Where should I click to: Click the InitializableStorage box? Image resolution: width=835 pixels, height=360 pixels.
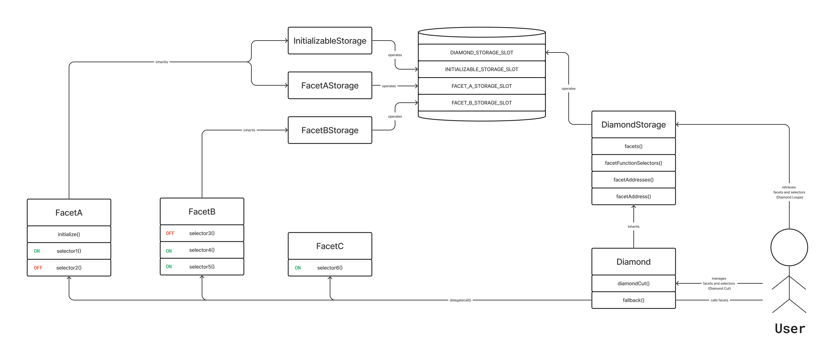click(330, 40)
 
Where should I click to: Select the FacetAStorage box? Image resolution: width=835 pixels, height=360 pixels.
click(330, 85)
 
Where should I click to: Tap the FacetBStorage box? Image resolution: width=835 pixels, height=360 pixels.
click(330, 130)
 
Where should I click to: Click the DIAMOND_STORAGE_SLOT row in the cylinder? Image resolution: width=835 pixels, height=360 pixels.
click(482, 52)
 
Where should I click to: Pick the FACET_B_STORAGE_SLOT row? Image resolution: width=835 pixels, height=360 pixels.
click(482, 103)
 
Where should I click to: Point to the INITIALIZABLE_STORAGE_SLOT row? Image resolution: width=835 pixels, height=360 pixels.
click(482, 69)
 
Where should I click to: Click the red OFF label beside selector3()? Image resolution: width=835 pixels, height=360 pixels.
click(170, 233)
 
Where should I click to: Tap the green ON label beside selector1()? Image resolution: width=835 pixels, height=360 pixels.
click(37, 251)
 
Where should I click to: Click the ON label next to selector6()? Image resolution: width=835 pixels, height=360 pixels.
click(298, 268)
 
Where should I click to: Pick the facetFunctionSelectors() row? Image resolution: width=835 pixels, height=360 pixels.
click(633, 163)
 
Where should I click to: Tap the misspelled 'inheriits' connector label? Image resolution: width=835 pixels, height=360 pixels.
click(162, 62)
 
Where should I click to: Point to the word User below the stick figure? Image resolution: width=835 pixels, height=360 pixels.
click(790, 329)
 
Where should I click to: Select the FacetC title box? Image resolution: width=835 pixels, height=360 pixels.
click(330, 246)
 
